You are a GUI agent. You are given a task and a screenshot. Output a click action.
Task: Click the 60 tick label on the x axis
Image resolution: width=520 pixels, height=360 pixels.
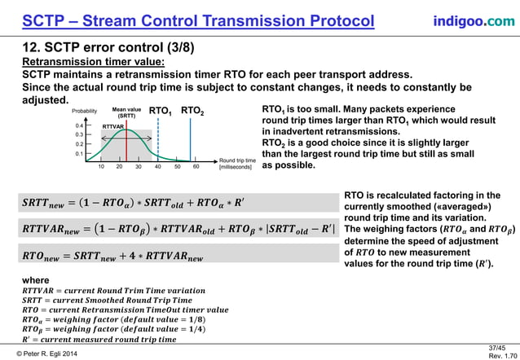pyautogui.click(x=196, y=166)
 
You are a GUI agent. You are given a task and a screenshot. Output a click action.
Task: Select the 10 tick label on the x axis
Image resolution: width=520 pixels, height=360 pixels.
pyautogui.click(x=100, y=166)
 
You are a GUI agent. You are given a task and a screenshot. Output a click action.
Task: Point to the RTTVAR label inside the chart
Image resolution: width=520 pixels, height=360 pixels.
pyautogui.click(x=112, y=127)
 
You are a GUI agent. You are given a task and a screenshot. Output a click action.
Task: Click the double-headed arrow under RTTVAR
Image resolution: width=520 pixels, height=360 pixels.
pyautogui.click(x=112, y=133)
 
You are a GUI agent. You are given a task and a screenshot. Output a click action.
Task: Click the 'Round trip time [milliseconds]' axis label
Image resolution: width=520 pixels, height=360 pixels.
pyautogui.click(x=236, y=164)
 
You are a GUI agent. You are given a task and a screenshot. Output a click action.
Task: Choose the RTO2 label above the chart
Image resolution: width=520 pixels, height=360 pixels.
pyautogui.click(x=192, y=111)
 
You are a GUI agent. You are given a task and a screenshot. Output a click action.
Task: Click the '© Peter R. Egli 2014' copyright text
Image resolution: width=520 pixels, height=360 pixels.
pyautogui.click(x=54, y=351)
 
